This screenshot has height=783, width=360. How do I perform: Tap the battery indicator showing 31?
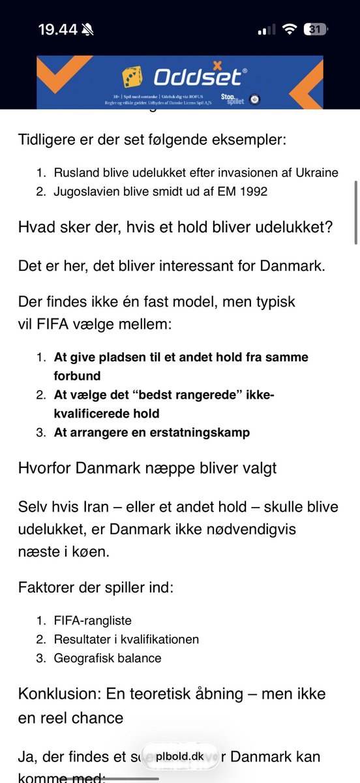pyautogui.click(x=317, y=29)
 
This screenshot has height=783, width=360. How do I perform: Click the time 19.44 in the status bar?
pyautogui.click(x=57, y=29)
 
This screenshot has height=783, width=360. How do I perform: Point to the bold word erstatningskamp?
pyautogui.click(x=203, y=432)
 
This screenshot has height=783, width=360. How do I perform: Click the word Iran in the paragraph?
pyautogui.click(x=95, y=508)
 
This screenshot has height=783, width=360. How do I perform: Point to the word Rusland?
pyautogui.click(x=75, y=172)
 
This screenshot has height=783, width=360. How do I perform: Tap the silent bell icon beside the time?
pyautogui.click(x=88, y=29)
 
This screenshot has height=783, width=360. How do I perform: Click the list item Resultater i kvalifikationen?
pyautogui.click(x=127, y=639)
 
